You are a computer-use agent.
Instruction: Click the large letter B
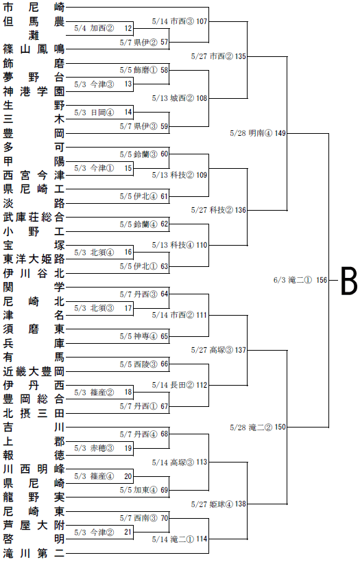[x=348, y=281]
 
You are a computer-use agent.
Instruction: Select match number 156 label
[x=300, y=280]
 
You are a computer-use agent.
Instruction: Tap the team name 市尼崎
[x=34, y=7]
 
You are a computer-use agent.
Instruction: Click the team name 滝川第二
[x=34, y=553]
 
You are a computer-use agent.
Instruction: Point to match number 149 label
[x=258, y=133]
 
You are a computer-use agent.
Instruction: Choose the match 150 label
[x=258, y=428]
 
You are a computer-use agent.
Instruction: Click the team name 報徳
[x=34, y=455]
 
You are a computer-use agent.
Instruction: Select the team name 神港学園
[x=34, y=91]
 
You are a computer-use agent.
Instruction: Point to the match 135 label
[x=219, y=56]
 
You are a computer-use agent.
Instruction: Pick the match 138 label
[x=219, y=504]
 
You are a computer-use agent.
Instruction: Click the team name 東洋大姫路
[x=34, y=259]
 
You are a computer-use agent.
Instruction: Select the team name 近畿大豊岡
[x=34, y=371]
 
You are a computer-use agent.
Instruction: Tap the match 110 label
[x=180, y=245]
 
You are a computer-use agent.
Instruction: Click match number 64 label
[x=143, y=294]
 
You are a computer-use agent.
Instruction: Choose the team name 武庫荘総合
[x=34, y=217]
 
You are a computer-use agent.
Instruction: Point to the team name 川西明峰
[x=34, y=469]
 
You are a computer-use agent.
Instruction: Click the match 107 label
[x=180, y=21]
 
